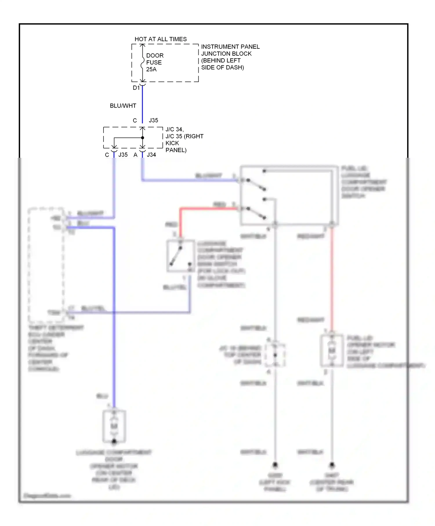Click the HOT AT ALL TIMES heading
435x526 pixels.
click(160, 39)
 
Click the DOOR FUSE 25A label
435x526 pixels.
click(154, 62)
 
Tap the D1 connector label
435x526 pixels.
click(136, 88)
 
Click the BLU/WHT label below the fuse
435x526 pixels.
click(123, 106)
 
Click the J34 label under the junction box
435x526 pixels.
click(151, 155)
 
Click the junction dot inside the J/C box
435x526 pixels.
click(142, 138)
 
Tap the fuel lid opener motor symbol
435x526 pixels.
click(332, 351)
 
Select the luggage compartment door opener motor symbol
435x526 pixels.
click(114, 426)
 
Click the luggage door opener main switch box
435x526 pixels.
click(180, 256)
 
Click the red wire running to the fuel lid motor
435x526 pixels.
click(332, 278)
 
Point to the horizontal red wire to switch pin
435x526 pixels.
click(209, 208)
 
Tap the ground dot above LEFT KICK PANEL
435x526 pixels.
click(275, 465)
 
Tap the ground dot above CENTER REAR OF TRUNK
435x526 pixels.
click(332, 465)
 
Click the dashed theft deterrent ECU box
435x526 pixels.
click(46, 264)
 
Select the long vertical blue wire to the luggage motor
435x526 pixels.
click(114, 319)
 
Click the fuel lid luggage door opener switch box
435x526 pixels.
click(289, 195)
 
